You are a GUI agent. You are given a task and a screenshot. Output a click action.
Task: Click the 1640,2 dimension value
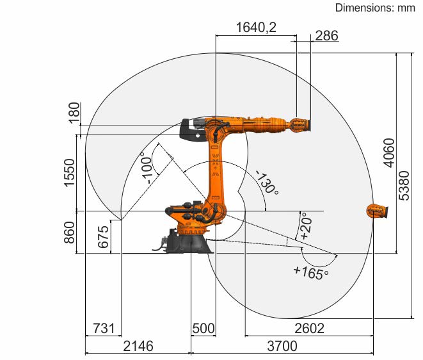point(256,28)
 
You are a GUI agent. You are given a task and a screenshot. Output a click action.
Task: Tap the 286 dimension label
point(326,36)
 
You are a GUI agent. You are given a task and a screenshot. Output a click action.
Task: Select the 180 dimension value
point(74,113)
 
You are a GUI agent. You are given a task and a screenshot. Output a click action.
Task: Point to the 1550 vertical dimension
point(69,173)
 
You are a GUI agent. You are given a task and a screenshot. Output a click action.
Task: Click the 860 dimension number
point(69,233)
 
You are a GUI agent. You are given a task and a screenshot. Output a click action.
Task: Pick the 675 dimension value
point(103,237)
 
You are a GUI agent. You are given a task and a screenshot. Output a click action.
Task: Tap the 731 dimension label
point(104,329)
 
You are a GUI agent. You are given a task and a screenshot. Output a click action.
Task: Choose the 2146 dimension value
point(138,346)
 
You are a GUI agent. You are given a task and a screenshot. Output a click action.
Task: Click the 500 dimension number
point(204,329)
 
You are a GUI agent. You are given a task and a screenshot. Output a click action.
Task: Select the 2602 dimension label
point(309,329)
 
